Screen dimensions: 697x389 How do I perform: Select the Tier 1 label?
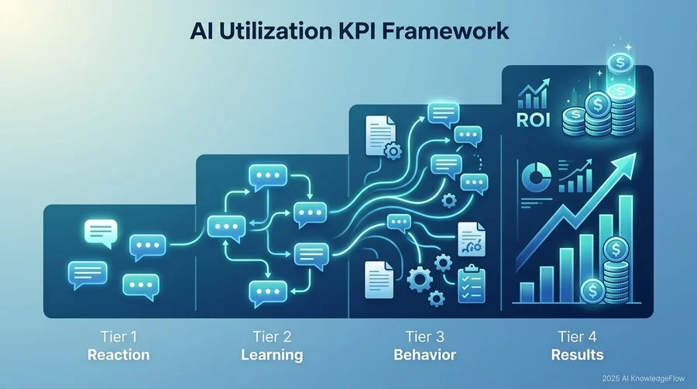[x=118, y=336]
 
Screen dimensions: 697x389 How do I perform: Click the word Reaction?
[x=118, y=355]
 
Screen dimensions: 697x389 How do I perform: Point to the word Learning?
[x=272, y=355]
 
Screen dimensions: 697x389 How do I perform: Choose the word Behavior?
[x=424, y=355]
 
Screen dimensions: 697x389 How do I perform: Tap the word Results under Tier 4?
[x=578, y=355]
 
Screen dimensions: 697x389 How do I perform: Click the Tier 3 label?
[x=424, y=336]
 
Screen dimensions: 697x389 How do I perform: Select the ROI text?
[x=534, y=119]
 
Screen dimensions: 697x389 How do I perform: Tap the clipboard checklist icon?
[x=471, y=284]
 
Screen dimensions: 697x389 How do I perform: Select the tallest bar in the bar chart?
[x=626, y=249]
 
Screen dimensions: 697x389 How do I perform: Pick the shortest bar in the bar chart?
[x=527, y=292]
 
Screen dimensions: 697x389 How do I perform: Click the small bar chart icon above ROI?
[x=534, y=95]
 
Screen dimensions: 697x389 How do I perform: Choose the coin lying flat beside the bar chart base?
[x=592, y=291]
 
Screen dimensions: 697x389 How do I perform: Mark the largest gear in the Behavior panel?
[x=420, y=279]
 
